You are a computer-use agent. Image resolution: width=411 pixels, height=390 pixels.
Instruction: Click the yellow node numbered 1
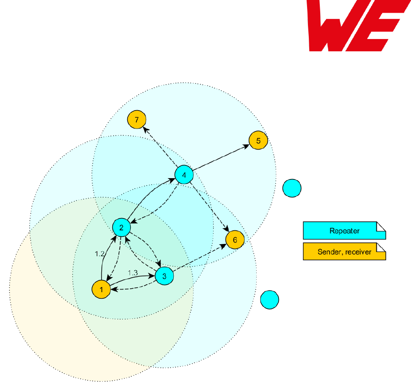(101, 290)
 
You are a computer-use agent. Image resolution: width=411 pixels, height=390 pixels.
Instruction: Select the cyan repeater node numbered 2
(122, 227)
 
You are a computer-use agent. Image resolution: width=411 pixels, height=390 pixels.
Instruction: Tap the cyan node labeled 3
(164, 276)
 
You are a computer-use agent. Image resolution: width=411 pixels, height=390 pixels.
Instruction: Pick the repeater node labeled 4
(184, 175)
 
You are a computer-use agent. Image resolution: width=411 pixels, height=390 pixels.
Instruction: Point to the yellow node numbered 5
(258, 141)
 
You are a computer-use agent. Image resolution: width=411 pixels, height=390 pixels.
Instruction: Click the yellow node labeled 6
(235, 240)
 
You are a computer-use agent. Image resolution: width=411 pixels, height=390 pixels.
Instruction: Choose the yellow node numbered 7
(137, 119)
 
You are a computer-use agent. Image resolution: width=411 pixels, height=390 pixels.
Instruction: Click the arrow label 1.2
(100, 253)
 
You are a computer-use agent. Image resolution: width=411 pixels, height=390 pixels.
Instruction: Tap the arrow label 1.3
(132, 273)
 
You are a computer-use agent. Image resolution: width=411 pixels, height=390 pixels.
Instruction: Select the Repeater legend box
(344, 230)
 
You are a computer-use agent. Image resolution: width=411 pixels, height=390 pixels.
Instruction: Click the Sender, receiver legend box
(344, 252)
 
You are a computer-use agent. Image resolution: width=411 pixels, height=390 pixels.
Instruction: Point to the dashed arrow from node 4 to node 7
(161, 148)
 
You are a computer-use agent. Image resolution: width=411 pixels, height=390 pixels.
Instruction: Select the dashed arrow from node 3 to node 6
(200, 259)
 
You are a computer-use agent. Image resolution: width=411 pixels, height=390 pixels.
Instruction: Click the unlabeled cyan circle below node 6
(269, 300)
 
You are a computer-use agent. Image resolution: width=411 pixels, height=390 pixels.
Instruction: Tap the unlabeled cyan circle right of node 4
(292, 188)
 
